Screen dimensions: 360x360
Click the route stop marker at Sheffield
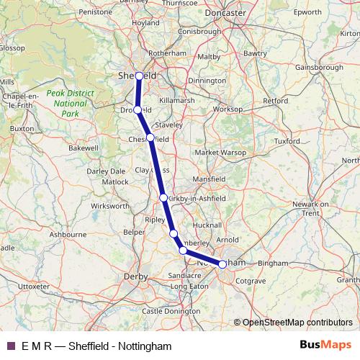(x=139, y=75)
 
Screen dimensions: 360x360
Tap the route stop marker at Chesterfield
(x=150, y=138)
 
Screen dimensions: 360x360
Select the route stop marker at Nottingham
(x=222, y=264)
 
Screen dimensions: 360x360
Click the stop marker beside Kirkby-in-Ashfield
(x=163, y=197)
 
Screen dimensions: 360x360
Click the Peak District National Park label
(x=66, y=104)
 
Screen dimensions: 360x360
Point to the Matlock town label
(x=115, y=181)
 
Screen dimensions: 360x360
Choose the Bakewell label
(x=83, y=148)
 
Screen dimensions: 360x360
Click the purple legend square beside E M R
(x=11, y=346)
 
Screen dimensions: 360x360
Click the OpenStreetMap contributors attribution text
(x=297, y=322)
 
